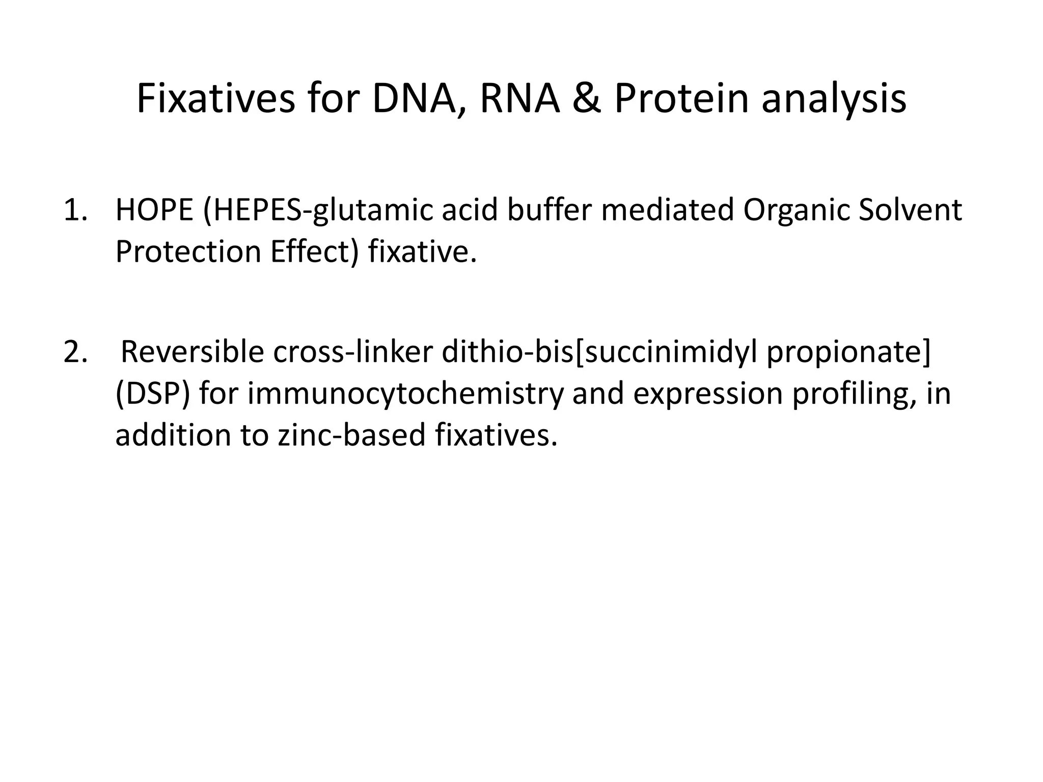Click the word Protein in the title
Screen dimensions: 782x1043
681,99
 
